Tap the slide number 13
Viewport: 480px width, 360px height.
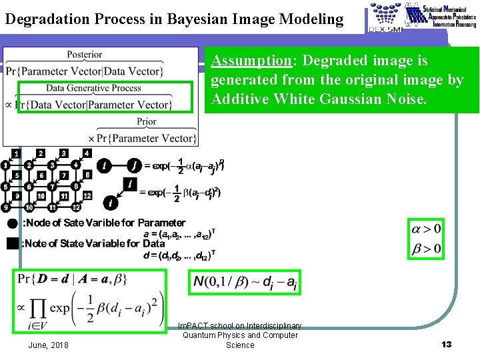tap(446, 344)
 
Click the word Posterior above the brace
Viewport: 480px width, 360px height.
tap(85, 54)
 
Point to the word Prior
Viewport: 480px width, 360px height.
tap(147, 122)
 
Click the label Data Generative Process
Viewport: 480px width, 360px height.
tap(93, 88)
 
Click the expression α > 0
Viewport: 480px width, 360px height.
tap(427, 229)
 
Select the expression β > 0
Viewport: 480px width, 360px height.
tap(427, 249)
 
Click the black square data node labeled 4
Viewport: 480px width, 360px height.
tap(87, 153)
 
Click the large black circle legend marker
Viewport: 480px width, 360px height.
tap(12, 223)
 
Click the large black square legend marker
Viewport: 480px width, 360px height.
tap(12, 243)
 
